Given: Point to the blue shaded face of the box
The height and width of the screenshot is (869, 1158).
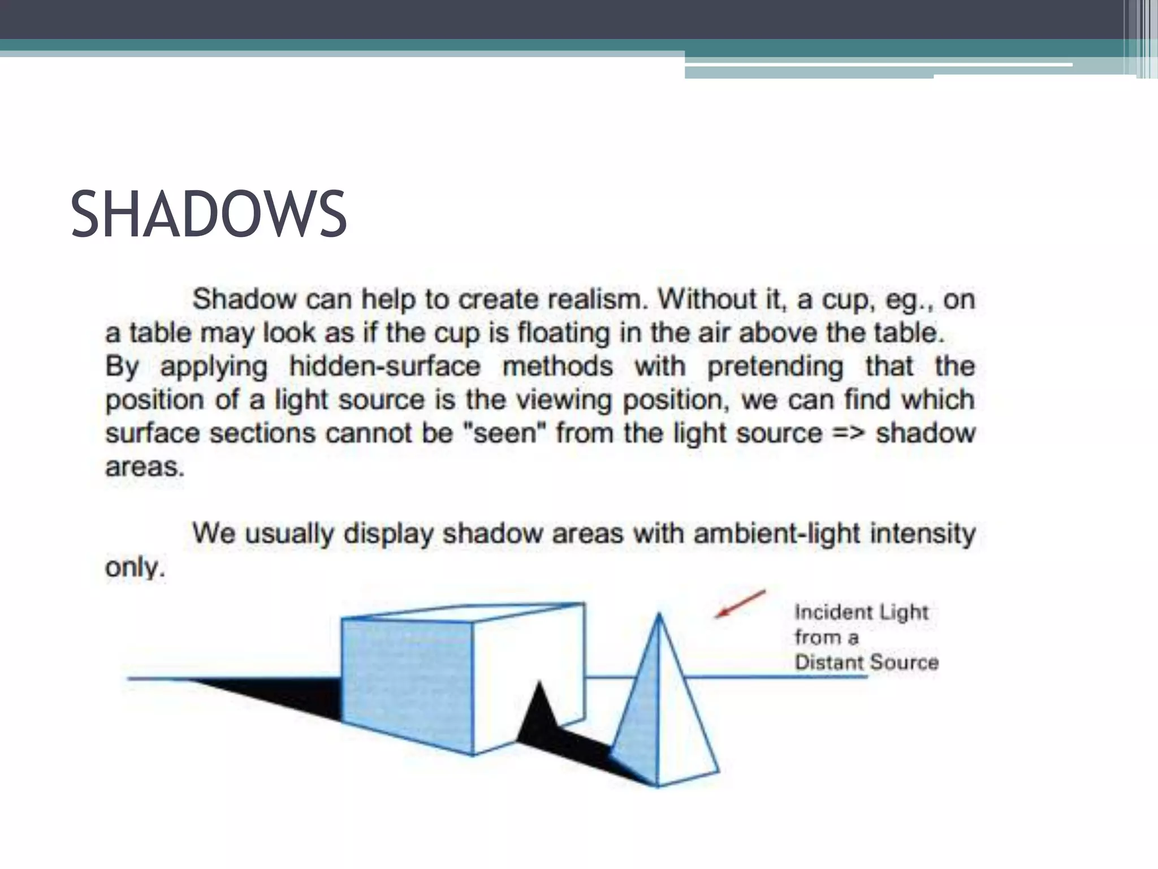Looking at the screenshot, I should (407, 685).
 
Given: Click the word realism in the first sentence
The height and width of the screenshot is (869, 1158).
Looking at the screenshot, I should (597, 299).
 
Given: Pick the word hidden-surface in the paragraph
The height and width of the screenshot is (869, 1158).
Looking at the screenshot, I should (384, 366).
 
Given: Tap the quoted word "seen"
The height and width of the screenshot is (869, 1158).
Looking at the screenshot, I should (504, 433).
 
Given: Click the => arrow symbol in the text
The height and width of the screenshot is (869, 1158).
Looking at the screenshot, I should (848, 433).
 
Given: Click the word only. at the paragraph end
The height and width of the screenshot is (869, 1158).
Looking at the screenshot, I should (135, 567).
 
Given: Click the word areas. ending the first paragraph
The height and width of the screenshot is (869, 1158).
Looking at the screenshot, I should (145, 467).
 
